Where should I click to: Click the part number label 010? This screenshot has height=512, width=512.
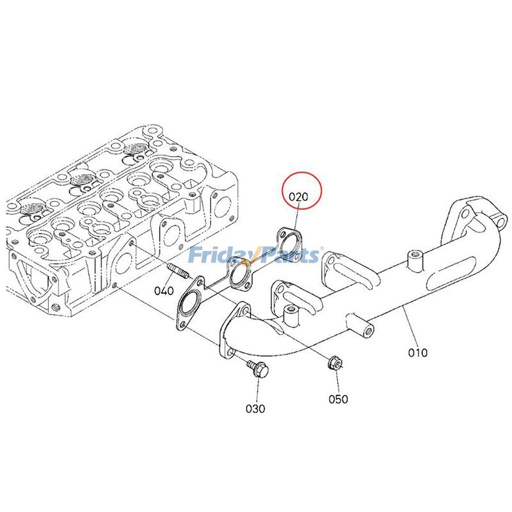(x=419, y=352)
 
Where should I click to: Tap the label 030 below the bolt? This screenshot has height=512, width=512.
(x=255, y=408)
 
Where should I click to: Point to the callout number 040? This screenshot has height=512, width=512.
(x=164, y=291)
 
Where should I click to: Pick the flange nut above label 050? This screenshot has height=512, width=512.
(x=334, y=364)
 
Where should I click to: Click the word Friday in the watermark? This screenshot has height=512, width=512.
(x=216, y=255)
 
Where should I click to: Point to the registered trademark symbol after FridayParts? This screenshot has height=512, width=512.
(x=321, y=250)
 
